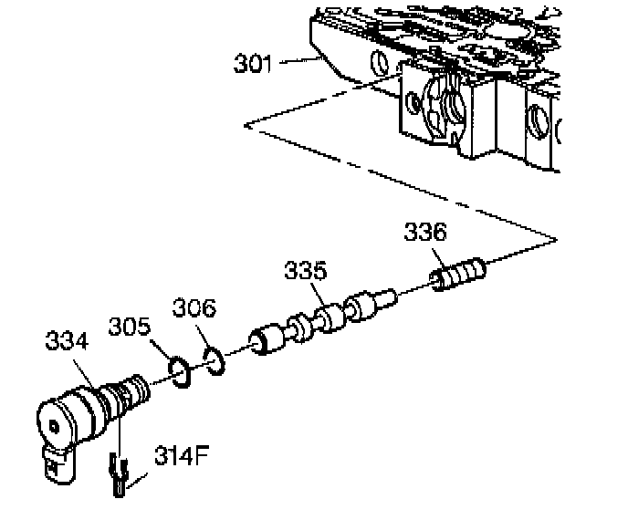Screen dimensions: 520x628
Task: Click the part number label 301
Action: coord(252,64)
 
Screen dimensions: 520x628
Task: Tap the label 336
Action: coord(427,233)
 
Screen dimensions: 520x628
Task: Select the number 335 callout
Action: coord(306,273)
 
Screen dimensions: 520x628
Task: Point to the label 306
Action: coord(194,309)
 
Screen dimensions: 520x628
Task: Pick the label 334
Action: coord(67,342)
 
